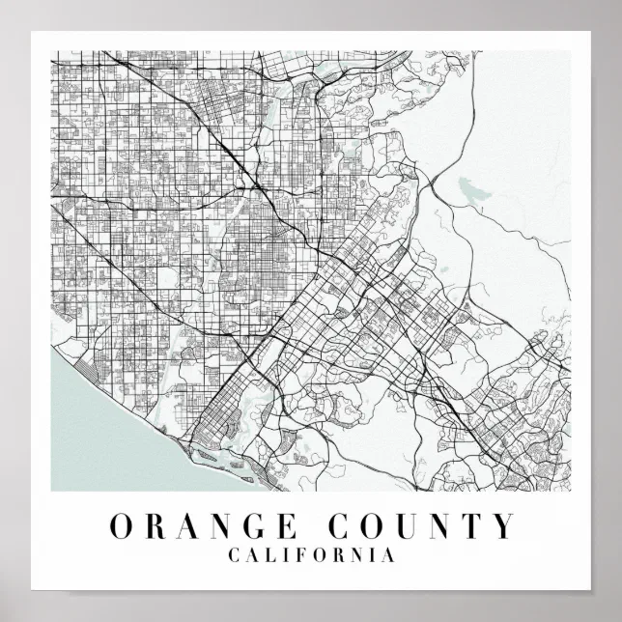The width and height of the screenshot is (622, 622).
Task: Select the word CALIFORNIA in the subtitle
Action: click(310, 555)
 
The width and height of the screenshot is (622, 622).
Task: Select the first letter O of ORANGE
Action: click(122, 526)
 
